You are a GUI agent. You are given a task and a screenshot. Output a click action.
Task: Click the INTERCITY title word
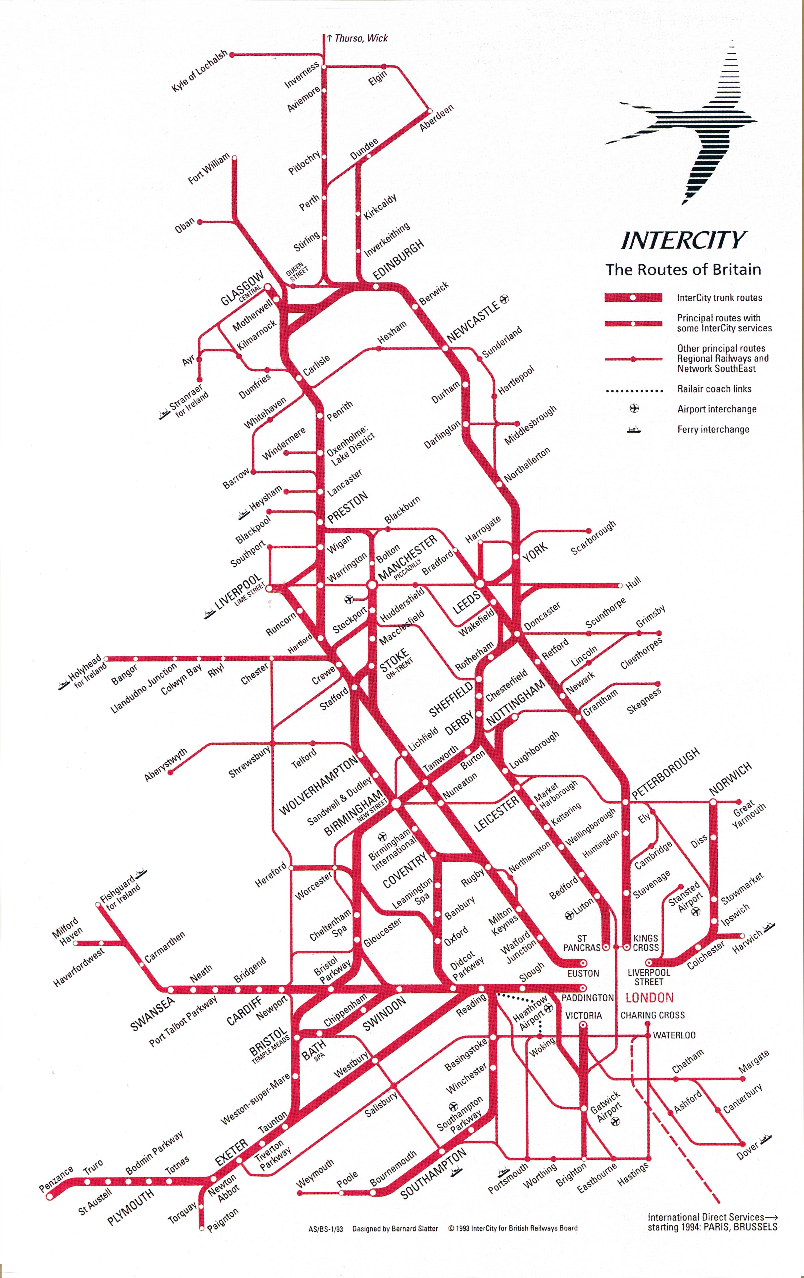point(683,240)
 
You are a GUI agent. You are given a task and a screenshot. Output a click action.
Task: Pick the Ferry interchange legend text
point(713,429)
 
